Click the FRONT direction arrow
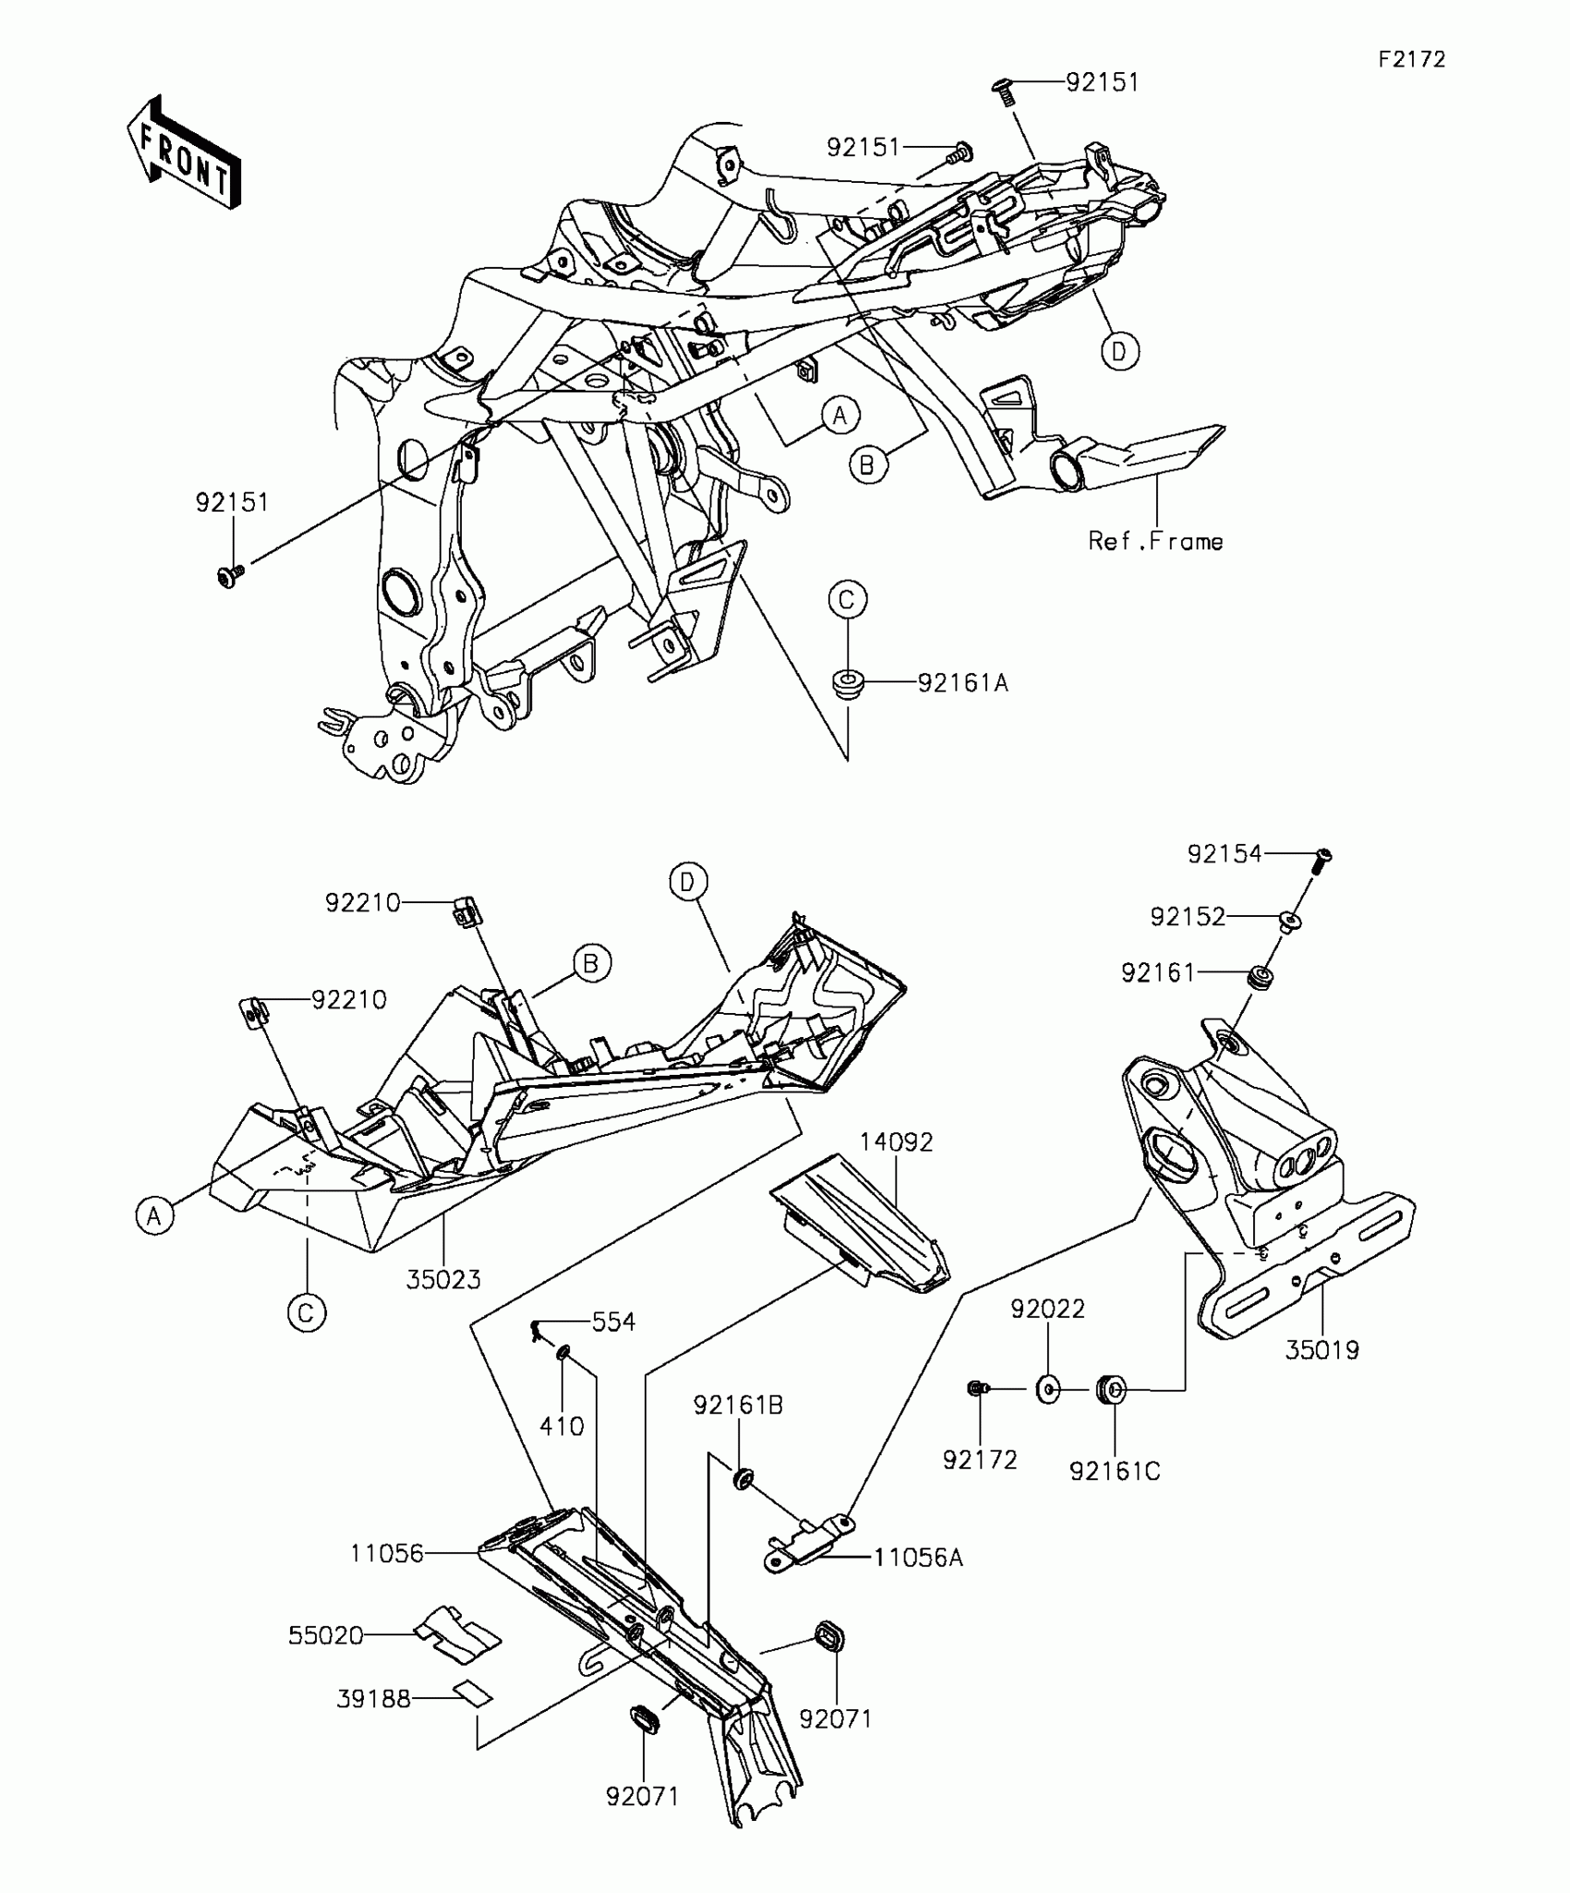184,151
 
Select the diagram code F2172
1412,60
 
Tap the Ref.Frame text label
1155,541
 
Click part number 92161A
962,683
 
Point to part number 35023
443,1280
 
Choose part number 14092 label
896,1142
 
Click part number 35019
1322,1350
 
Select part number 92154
1224,855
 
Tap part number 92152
1188,917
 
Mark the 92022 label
1047,1308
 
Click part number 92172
979,1460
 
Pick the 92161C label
1115,1471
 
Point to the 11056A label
918,1558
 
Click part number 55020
326,1635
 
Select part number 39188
373,1698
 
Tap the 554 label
613,1322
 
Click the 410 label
562,1427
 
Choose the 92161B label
738,1405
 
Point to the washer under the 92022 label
1048,1389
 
